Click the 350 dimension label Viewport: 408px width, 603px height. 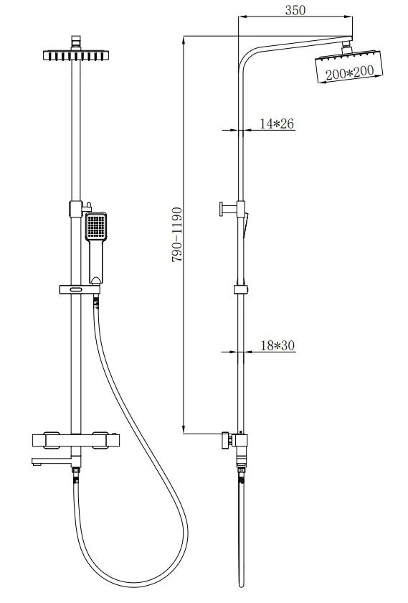point(295,10)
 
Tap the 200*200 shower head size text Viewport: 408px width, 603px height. point(350,73)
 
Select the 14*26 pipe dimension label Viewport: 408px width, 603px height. point(277,123)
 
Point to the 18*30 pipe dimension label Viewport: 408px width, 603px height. point(277,345)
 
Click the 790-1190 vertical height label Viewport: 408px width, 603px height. point(176,235)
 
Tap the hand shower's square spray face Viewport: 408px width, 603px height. point(95,225)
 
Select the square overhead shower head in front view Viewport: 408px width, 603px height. point(76,55)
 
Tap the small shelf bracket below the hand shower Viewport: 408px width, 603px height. point(80,289)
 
